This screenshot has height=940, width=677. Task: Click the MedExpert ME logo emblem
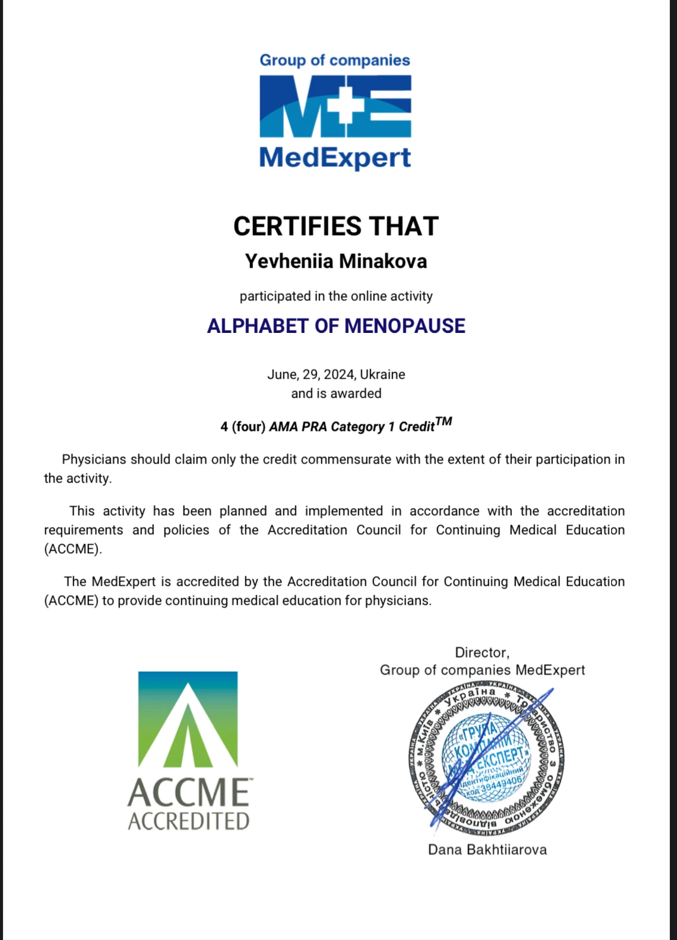pyautogui.click(x=336, y=106)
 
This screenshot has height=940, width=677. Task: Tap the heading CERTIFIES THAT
pyautogui.click(x=336, y=226)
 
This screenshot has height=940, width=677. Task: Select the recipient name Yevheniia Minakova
pyautogui.click(x=336, y=261)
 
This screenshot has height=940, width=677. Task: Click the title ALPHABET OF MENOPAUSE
pyautogui.click(x=336, y=326)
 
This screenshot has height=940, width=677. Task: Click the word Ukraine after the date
pyautogui.click(x=382, y=374)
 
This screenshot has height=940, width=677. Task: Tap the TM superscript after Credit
pyautogui.click(x=444, y=421)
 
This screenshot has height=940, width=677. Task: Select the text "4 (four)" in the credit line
pyautogui.click(x=243, y=427)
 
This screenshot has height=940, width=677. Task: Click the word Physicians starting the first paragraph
pyautogui.click(x=94, y=459)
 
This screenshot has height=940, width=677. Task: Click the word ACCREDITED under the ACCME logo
pyautogui.click(x=188, y=821)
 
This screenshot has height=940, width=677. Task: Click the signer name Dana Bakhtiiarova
pyautogui.click(x=487, y=850)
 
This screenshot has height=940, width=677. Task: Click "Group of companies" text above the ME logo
pyautogui.click(x=335, y=61)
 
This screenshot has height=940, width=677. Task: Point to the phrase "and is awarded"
pyautogui.click(x=336, y=393)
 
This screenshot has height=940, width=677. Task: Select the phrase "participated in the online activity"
pyautogui.click(x=336, y=296)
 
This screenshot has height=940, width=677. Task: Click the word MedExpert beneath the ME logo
pyautogui.click(x=335, y=157)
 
